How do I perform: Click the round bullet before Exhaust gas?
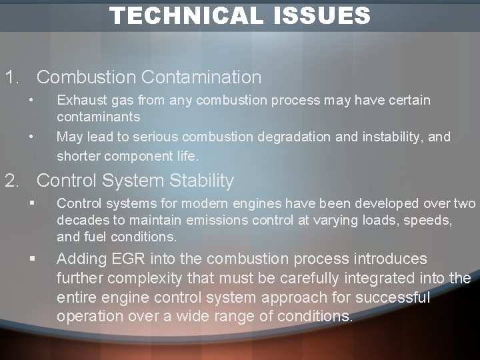[x=31, y=101]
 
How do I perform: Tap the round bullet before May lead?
[x=31, y=137]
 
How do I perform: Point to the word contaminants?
[x=99, y=117]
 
